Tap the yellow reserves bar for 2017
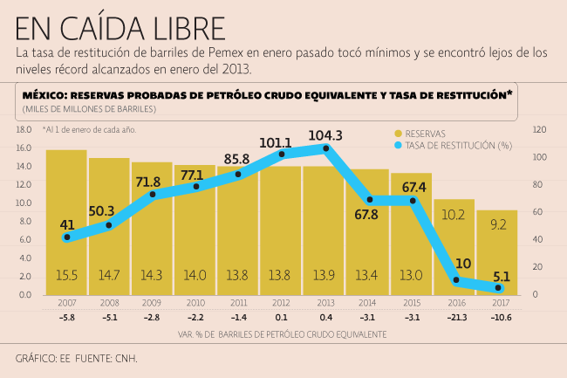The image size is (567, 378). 497,253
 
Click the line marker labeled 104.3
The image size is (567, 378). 325,148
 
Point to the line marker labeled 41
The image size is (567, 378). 67,237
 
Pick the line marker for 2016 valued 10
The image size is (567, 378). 456,280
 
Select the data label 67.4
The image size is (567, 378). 414,187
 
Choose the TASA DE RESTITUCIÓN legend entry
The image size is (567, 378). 453,146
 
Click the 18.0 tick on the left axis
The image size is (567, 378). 24,129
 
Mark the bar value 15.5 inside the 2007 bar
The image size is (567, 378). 67,275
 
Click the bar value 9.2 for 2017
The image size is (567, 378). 498,224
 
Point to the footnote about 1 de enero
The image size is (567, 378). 89,129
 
